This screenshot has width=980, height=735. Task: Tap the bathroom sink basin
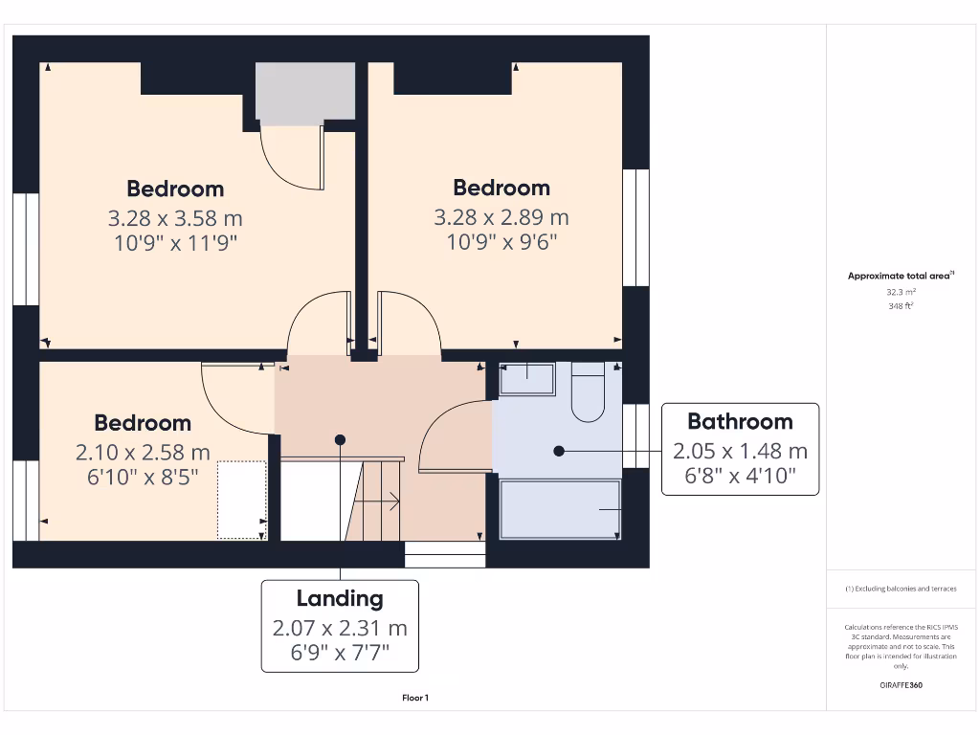pyautogui.click(x=526, y=379)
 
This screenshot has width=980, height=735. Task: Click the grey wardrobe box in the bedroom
pyautogui.click(x=305, y=94)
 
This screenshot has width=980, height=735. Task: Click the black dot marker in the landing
pyautogui.click(x=340, y=439)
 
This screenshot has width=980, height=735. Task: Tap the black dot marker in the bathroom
pyautogui.click(x=558, y=450)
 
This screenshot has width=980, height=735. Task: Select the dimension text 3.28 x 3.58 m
pyautogui.click(x=175, y=218)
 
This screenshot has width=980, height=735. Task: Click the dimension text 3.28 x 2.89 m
pyautogui.click(x=501, y=217)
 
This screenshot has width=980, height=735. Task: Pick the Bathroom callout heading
pyautogui.click(x=740, y=421)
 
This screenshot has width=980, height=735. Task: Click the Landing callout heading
pyautogui.click(x=340, y=599)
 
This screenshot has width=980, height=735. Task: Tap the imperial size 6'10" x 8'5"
pyautogui.click(x=143, y=477)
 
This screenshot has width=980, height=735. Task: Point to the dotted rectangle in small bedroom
pyautogui.click(x=241, y=500)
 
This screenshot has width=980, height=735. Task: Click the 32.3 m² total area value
pyautogui.click(x=900, y=291)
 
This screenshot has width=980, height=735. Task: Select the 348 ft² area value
pyautogui.click(x=900, y=306)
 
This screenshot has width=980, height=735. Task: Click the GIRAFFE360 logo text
pyautogui.click(x=901, y=685)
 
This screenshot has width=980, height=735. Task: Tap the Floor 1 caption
pyautogui.click(x=415, y=699)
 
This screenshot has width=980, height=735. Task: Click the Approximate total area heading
pyautogui.click(x=900, y=276)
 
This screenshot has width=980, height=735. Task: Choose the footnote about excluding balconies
pyautogui.click(x=900, y=589)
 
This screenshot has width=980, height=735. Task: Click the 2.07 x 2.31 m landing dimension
pyautogui.click(x=340, y=629)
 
